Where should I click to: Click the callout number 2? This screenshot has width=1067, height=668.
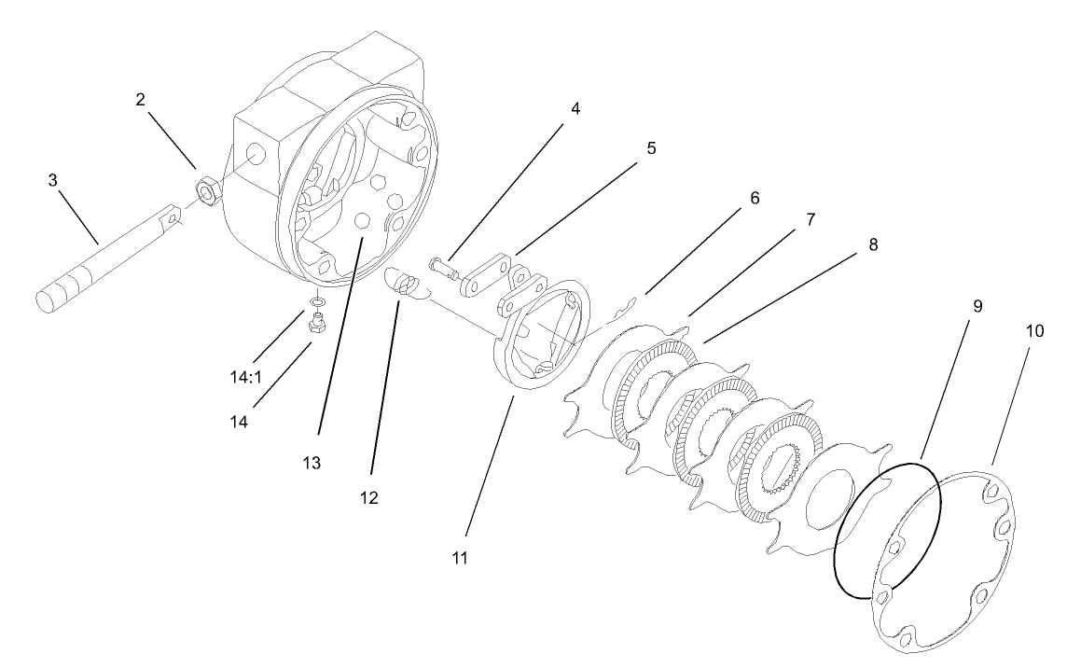point(140,99)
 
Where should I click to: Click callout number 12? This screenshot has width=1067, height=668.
point(368,497)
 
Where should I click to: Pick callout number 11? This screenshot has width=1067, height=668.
point(459,558)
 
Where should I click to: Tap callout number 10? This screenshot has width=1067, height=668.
point(1036,330)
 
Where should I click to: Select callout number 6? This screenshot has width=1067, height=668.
point(754,198)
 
